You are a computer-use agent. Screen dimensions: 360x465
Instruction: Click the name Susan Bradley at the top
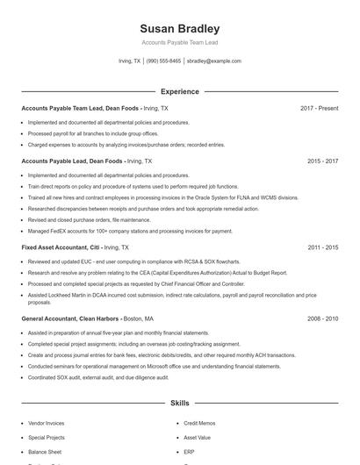tap(179, 29)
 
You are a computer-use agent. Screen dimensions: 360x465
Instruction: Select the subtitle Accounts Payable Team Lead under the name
tap(179, 42)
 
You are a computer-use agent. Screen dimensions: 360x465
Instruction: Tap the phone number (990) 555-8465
tap(163, 61)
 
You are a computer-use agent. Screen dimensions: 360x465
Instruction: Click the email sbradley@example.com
tap(213, 61)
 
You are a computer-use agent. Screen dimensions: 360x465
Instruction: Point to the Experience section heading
tap(179, 91)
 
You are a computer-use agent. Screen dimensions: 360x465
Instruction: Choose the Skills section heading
tap(179, 403)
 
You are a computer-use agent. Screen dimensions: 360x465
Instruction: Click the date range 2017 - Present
tap(319, 108)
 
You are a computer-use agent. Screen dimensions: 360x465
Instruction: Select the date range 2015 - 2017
tap(322, 161)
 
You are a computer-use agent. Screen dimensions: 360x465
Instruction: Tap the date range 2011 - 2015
tap(322, 248)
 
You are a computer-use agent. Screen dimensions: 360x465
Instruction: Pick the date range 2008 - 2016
tap(322, 319)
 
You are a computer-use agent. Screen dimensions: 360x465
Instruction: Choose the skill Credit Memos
tap(199, 423)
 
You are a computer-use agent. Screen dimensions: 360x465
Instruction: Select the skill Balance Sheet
tap(46, 451)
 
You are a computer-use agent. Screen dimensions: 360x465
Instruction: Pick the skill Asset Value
tap(197, 437)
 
